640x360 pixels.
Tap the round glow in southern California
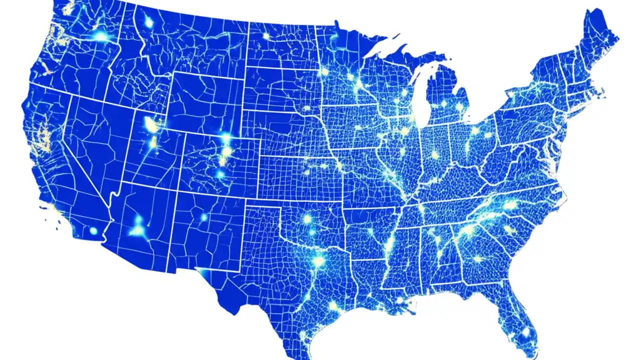93,230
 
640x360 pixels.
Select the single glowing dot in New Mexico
203,217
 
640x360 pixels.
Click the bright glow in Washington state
101,36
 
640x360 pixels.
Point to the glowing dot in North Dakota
265,36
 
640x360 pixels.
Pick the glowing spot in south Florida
525,331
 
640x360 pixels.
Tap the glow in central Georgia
477,259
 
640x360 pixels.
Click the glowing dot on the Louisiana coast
399,300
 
